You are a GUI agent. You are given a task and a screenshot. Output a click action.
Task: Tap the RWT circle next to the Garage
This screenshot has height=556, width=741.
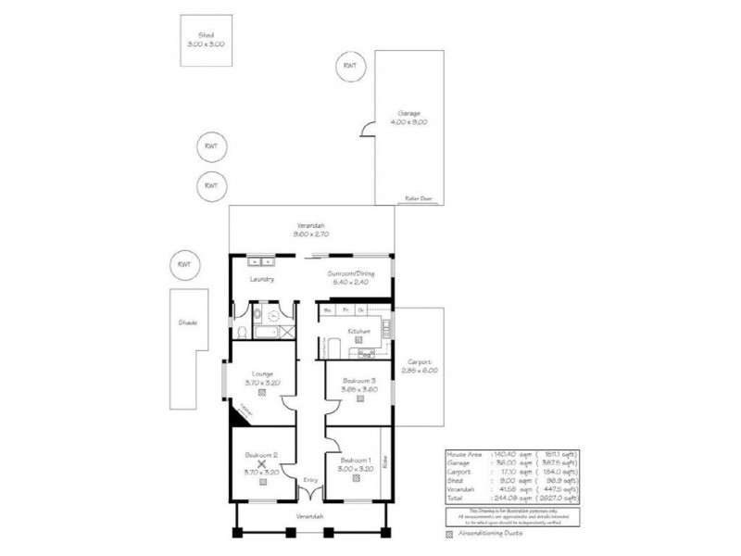349,66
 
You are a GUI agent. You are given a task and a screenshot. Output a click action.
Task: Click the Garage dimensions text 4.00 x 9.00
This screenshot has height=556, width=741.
408,122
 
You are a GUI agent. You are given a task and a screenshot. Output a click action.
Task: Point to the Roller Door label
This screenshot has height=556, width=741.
419,197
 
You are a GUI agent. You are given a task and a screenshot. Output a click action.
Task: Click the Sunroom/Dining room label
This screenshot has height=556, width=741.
349,274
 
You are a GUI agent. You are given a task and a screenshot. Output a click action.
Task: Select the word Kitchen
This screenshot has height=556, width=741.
358,331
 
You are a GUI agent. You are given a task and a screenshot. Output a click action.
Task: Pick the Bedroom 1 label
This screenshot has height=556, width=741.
355,461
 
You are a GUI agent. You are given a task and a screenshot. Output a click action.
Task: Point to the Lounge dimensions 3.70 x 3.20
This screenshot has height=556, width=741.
262,382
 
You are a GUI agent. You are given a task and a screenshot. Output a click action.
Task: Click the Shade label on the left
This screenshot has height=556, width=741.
188,322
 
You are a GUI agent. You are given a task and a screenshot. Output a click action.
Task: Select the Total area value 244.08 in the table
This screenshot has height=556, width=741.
503,498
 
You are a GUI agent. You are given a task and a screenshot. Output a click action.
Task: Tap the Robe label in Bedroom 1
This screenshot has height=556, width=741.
384,457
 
